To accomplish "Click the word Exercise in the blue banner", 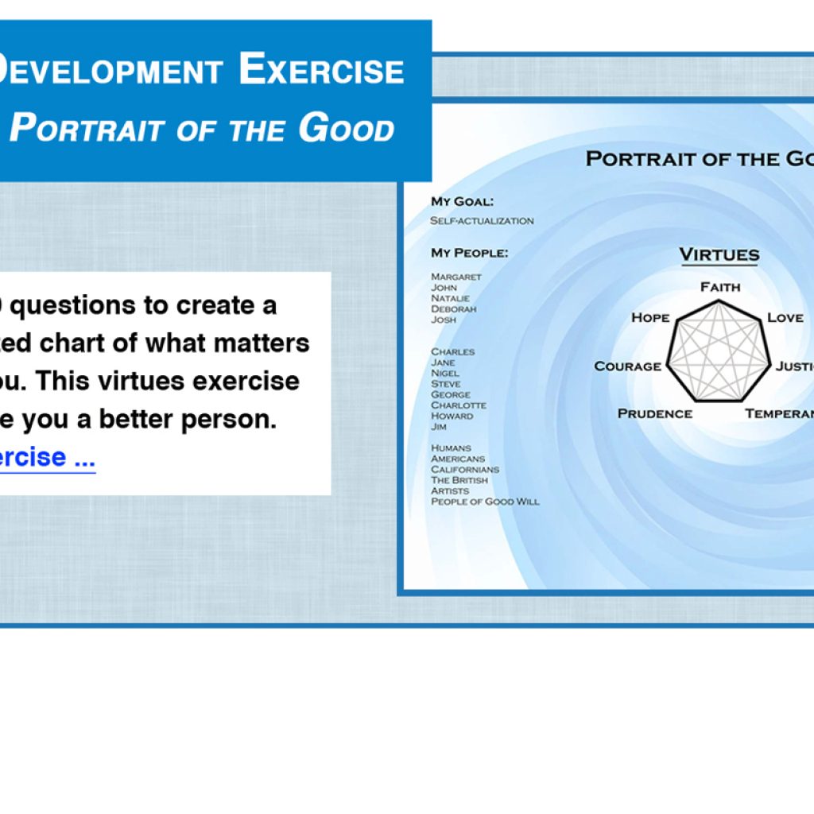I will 321,69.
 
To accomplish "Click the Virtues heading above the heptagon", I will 719,255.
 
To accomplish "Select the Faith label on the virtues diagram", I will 720,287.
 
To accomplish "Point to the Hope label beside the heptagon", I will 650,317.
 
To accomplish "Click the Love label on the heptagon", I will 785,317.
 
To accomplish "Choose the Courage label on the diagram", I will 628,366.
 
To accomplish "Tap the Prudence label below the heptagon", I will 655,413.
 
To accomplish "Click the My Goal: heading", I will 462,202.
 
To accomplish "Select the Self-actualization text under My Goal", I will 482,221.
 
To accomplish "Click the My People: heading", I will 469,253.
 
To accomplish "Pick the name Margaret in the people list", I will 456,277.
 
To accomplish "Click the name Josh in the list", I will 444,320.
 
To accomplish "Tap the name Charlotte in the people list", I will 458,405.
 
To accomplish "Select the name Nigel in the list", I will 445,373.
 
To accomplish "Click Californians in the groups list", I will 465,470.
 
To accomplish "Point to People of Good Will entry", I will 485,502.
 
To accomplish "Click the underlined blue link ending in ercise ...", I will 48,457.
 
